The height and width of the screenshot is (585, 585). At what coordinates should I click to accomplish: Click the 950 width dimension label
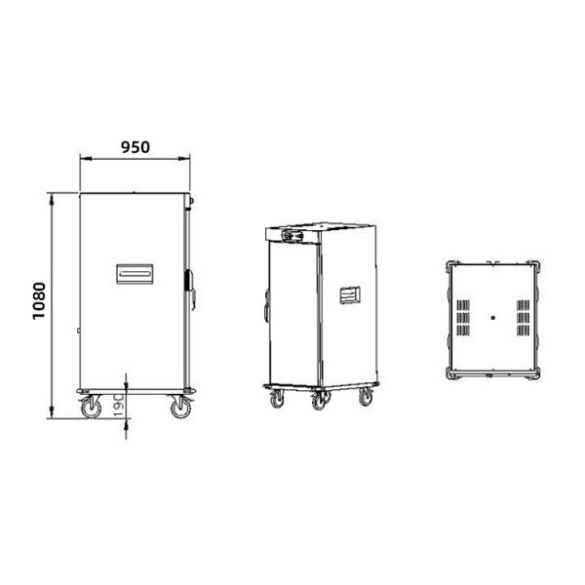(x=135, y=147)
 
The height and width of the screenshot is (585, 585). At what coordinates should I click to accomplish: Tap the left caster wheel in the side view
(x=91, y=408)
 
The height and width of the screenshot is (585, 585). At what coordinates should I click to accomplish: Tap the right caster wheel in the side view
(x=180, y=408)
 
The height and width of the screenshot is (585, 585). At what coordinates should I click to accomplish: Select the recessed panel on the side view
(x=135, y=273)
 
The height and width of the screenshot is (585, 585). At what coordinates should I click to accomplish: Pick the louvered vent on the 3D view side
(x=351, y=294)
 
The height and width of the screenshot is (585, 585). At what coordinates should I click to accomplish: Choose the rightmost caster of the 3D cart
(x=366, y=397)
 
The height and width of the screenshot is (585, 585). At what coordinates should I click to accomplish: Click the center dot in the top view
(x=493, y=318)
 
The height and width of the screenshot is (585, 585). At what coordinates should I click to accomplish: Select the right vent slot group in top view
(x=524, y=318)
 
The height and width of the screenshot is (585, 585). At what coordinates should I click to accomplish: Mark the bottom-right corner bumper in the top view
(x=535, y=373)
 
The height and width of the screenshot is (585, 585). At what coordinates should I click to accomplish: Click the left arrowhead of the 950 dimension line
(x=82, y=158)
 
